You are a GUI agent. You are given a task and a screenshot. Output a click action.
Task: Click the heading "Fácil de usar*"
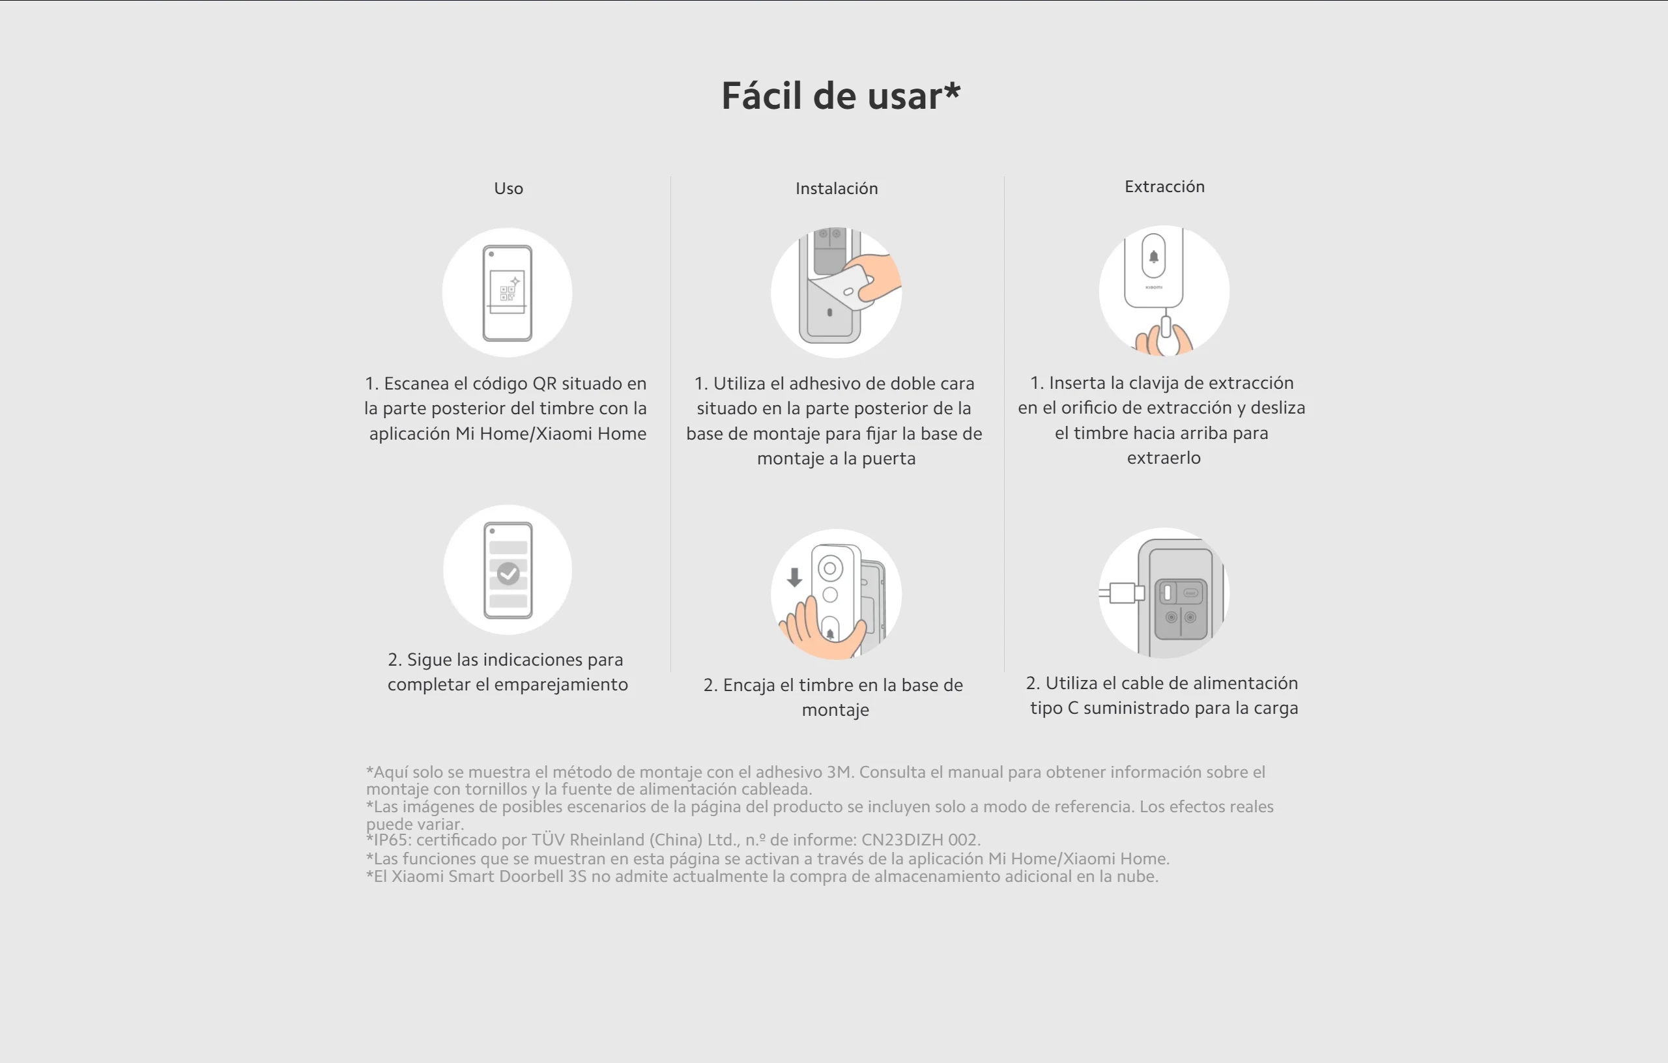click(841, 96)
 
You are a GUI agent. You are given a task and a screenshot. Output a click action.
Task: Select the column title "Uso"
click(508, 188)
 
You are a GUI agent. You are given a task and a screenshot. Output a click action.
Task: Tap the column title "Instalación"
click(837, 188)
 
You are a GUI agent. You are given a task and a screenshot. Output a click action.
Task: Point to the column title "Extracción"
click(1164, 186)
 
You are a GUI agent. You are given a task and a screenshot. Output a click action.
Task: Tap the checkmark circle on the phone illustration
click(508, 573)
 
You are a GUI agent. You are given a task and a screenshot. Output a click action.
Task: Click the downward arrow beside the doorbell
click(794, 577)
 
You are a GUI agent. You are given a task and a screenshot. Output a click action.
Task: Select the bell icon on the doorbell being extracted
click(1154, 257)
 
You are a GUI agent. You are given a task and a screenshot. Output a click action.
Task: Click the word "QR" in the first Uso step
click(545, 384)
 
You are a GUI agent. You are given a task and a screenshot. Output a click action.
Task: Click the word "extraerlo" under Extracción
click(1164, 458)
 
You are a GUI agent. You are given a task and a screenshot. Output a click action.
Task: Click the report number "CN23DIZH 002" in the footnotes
click(919, 840)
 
